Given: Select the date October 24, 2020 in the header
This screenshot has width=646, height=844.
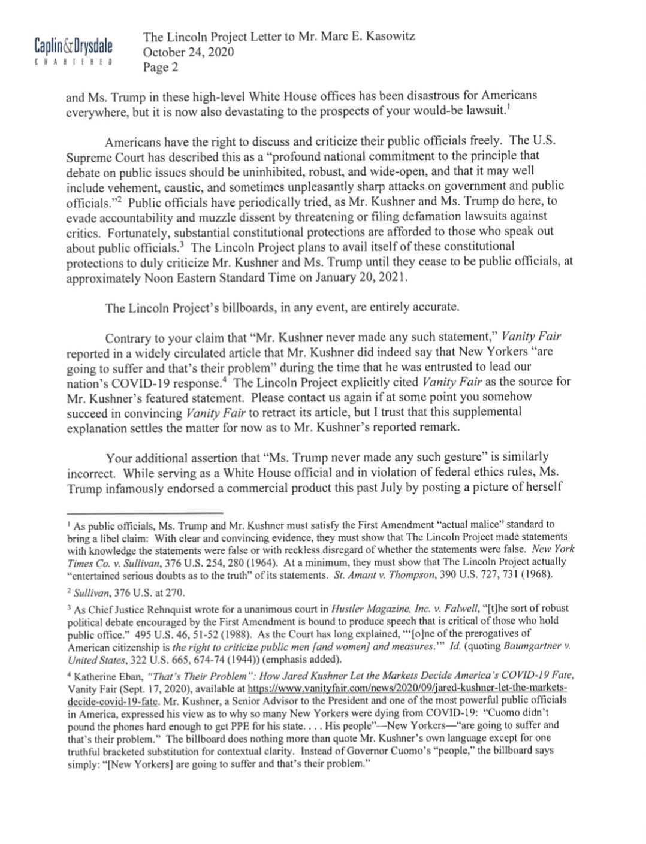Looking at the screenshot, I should coord(188,52).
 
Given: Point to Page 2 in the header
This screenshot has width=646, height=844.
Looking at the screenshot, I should coord(160,67).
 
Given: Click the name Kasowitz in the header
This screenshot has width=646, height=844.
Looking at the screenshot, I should coord(388,37).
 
